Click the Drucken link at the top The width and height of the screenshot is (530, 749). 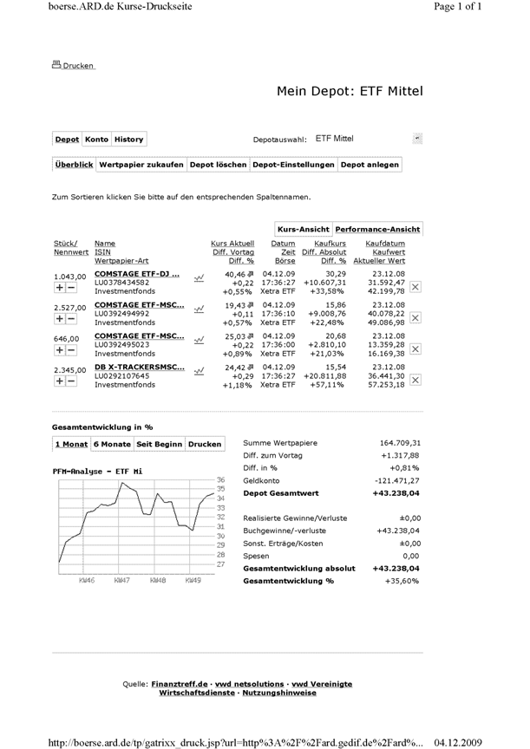click(x=78, y=65)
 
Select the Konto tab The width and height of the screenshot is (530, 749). click(x=96, y=139)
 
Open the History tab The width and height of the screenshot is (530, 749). click(x=128, y=139)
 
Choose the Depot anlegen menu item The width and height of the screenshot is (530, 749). click(x=370, y=164)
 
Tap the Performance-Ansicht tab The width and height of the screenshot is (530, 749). click(x=377, y=229)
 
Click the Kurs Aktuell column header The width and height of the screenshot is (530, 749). click(x=232, y=244)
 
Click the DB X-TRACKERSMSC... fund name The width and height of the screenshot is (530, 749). click(x=139, y=367)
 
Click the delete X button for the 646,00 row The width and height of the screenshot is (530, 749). click(x=415, y=348)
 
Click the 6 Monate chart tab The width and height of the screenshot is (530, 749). click(x=111, y=444)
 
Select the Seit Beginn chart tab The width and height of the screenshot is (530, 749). click(x=159, y=444)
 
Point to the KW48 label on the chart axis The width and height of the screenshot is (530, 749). click(x=158, y=580)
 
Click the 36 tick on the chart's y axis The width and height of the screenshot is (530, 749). click(x=220, y=479)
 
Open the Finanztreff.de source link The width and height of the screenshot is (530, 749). click(x=180, y=684)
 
